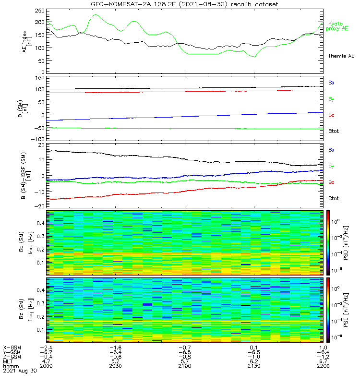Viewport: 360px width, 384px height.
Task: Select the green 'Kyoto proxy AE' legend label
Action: pos(338,26)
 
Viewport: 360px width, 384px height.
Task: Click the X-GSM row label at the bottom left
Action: pos(12,347)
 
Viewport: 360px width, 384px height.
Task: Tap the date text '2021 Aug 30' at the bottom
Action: pos(18,371)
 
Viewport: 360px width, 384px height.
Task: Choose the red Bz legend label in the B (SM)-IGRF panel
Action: pos(331,182)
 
